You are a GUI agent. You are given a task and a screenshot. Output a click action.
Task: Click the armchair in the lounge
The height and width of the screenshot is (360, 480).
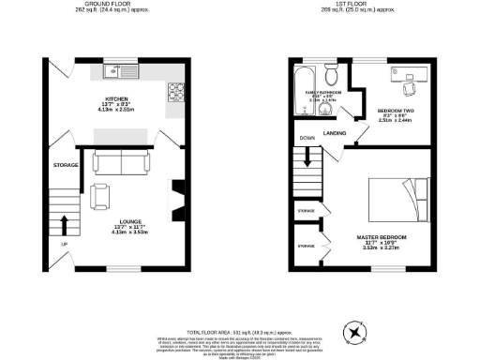pyautogui.click(x=98, y=196)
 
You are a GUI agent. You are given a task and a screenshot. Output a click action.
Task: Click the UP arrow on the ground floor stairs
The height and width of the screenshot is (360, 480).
pyautogui.click(x=64, y=225)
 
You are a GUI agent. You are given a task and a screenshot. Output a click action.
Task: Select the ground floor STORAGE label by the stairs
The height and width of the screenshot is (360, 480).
pyautogui.click(x=65, y=165)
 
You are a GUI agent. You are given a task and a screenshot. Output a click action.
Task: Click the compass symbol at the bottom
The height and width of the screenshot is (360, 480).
pyautogui.click(x=356, y=330)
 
